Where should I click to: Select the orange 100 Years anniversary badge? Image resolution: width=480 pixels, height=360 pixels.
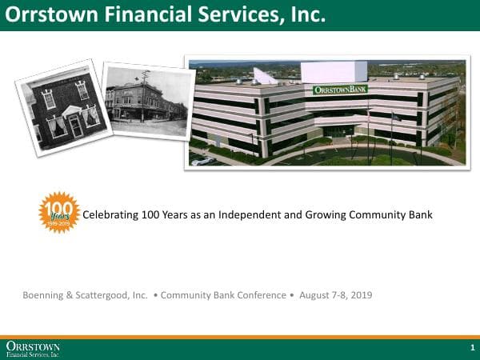pos(59,212)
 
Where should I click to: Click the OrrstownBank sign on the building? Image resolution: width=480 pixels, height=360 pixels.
pos(340,90)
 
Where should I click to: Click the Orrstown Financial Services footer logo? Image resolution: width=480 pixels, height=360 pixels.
pos(33,349)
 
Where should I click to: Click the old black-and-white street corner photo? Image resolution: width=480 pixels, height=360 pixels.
pos(148,98)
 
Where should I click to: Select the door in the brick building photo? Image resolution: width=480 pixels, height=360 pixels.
pos(75,125)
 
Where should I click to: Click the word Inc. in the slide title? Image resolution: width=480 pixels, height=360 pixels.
pos(308,14)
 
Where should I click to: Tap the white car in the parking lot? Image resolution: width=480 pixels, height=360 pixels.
pos(203,160)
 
